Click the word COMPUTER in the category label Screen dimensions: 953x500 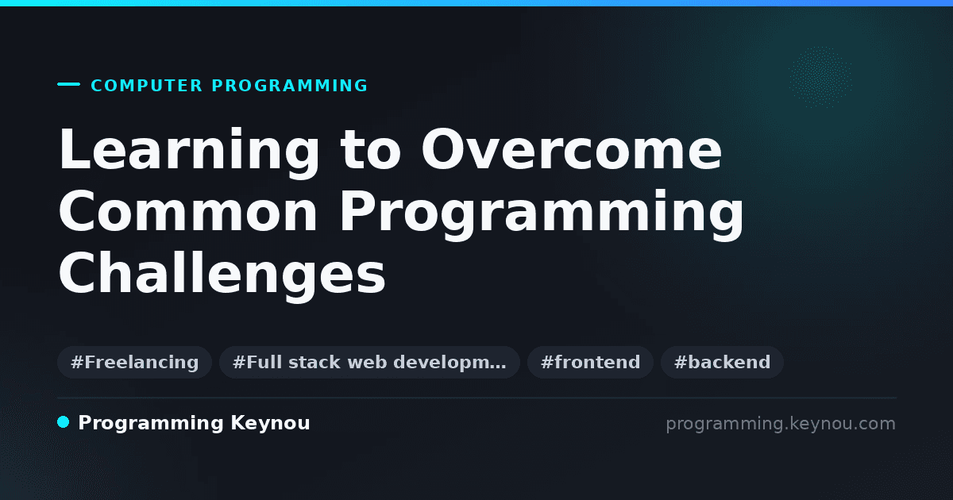[x=147, y=86]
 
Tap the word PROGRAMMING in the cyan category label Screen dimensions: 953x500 [x=290, y=86]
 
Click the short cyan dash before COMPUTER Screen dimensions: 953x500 [x=68, y=84]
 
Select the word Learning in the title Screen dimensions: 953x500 [x=189, y=152]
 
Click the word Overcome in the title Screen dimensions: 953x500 [x=571, y=149]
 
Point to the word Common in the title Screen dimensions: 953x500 [x=188, y=211]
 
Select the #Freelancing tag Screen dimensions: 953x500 [x=134, y=362]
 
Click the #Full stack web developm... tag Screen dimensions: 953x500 [x=369, y=362]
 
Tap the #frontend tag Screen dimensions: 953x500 [x=590, y=362]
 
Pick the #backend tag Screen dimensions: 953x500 [x=722, y=362]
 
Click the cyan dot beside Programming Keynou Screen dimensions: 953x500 [x=64, y=422]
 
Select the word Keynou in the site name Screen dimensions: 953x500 [x=270, y=424]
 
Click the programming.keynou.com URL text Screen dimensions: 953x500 [x=781, y=424]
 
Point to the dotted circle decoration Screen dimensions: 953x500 [x=820, y=77]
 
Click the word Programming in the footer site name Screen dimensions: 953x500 [x=151, y=424]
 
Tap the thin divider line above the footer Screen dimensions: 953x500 [x=477, y=398]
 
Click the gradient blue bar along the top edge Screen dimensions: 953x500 [x=476, y=3]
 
